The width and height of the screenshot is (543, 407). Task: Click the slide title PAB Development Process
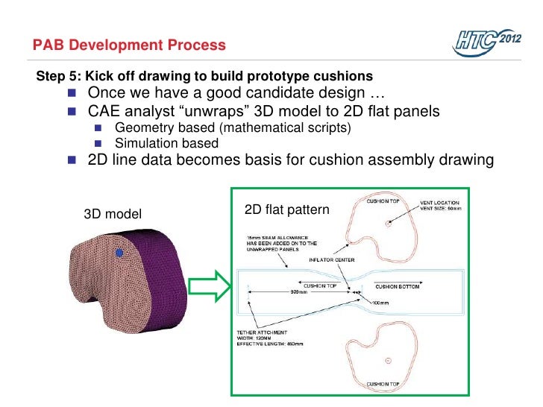(129, 45)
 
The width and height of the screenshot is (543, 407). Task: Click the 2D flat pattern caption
(286, 210)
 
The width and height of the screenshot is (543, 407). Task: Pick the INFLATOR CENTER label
(332, 260)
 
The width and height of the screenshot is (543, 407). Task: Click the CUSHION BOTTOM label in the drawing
(399, 285)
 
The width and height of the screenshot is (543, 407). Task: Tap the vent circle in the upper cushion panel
(387, 223)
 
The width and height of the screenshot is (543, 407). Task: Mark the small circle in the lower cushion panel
(388, 360)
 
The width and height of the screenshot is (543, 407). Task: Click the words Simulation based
(166, 143)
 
